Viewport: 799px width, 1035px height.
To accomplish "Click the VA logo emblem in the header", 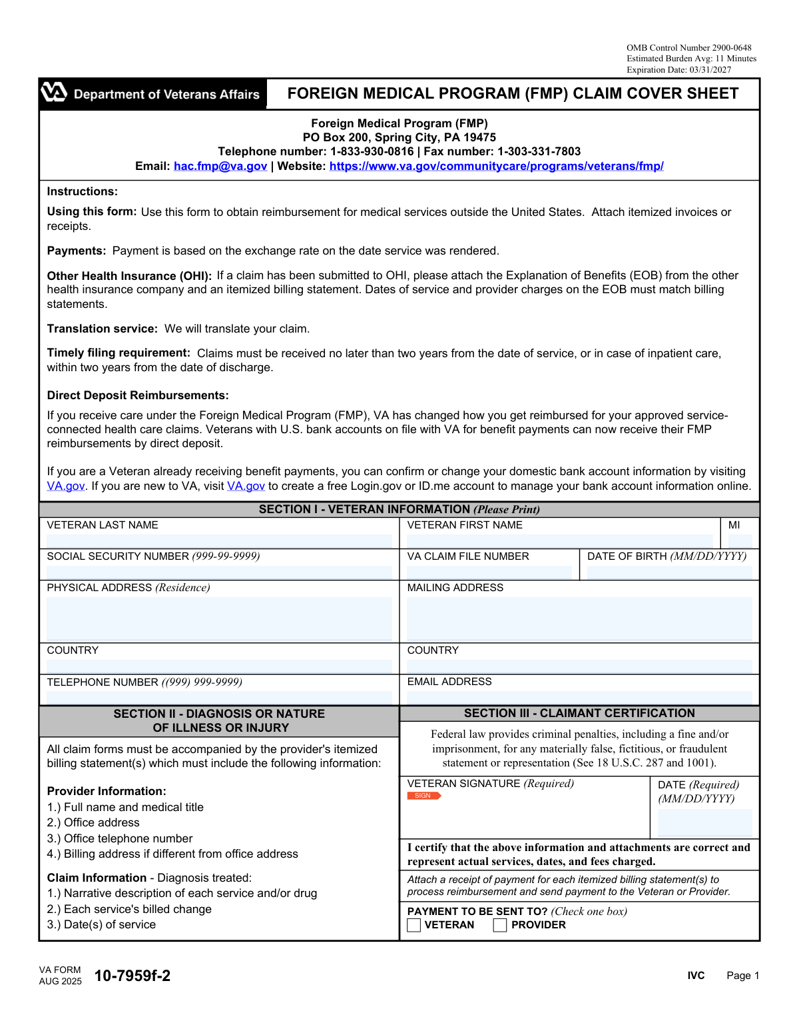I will click(54, 93).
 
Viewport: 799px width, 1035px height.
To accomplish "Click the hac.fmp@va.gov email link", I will click(220, 167).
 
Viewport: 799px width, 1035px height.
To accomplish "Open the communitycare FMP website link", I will click(496, 167).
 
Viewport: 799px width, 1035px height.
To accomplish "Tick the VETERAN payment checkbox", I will click(414, 925).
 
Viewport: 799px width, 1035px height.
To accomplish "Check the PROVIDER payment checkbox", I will click(500, 925).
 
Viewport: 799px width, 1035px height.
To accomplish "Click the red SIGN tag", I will click(423, 796).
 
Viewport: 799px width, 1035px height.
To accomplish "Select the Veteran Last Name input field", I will click(219, 540).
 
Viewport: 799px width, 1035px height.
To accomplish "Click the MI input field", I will click(740, 540).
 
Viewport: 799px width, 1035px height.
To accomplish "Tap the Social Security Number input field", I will click(219, 572).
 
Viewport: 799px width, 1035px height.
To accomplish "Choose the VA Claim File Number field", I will click(489, 572).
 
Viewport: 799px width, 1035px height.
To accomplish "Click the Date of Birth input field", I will click(669, 572).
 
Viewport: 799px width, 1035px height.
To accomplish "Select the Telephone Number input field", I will click(219, 697).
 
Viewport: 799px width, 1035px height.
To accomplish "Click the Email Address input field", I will click(579, 697).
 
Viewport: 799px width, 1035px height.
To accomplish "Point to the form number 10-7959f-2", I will click(133, 976).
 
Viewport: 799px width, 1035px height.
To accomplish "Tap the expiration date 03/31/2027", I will click(710, 70).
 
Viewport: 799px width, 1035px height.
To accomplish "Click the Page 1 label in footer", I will click(742, 976).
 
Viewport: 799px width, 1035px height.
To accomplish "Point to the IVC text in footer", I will click(696, 976).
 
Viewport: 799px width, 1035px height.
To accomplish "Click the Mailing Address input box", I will click(579, 618).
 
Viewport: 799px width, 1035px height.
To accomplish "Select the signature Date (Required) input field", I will click(704, 822).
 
